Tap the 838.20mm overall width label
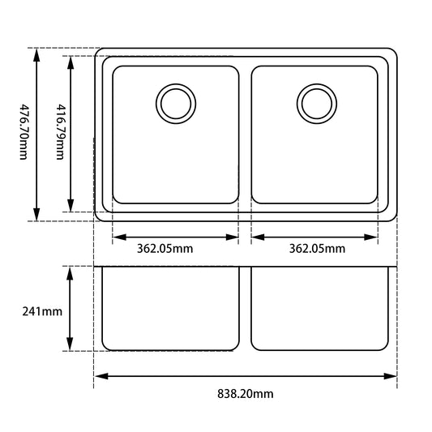(246, 395)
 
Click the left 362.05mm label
(165, 249)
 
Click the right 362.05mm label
(317, 249)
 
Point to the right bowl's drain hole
(315, 103)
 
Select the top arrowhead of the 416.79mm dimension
(71, 62)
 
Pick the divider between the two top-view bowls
(246, 134)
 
